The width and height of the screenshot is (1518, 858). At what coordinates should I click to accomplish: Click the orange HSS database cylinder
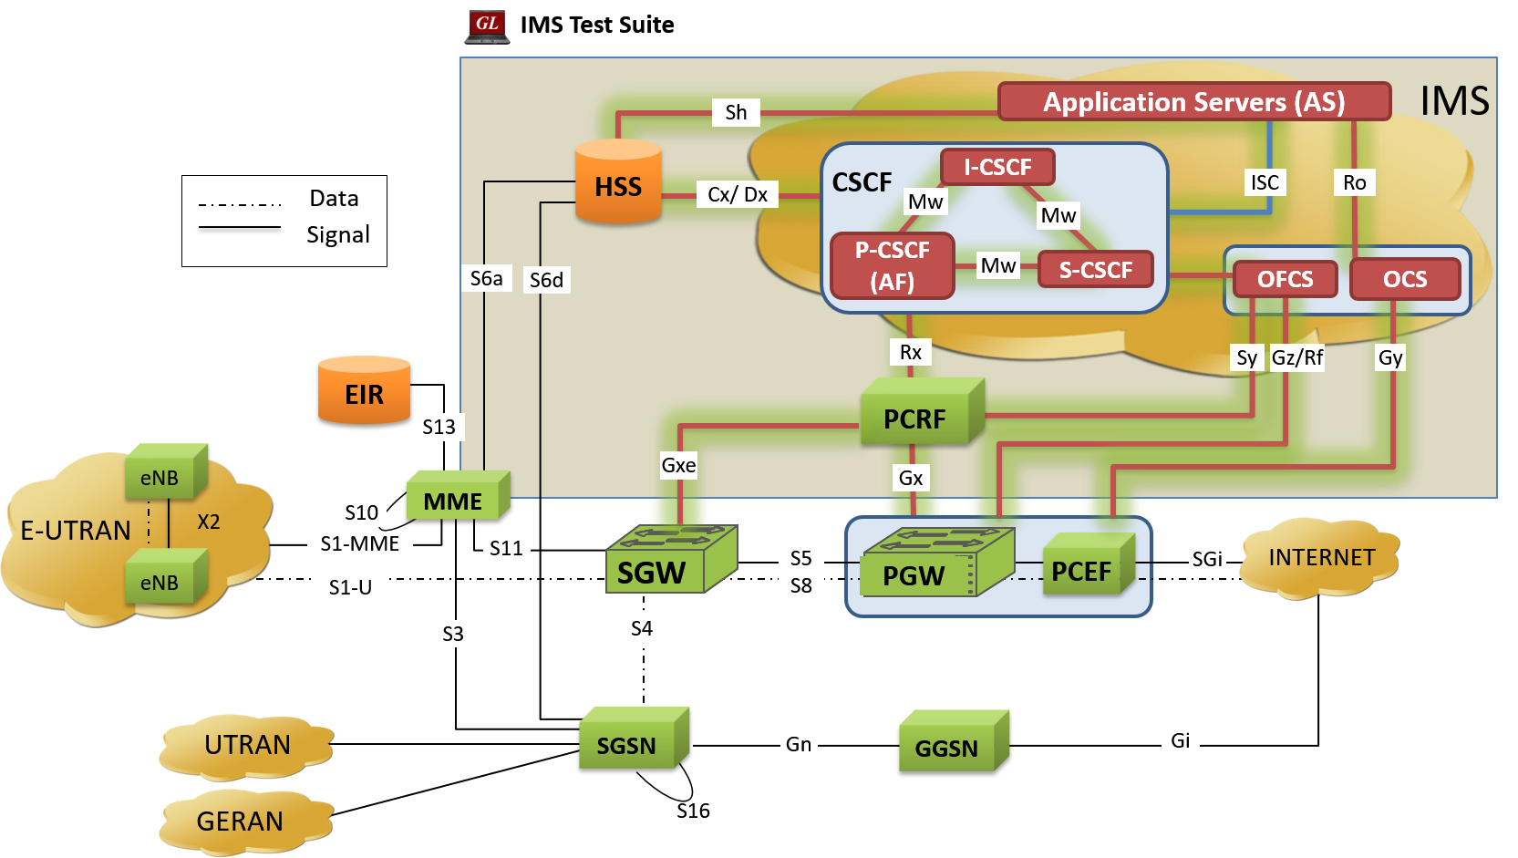[618, 182]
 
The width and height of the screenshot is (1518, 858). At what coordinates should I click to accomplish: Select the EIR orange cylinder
[364, 391]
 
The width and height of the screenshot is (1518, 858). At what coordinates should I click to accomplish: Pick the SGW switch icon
[670, 561]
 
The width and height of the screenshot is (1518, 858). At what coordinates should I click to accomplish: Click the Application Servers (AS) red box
[1193, 101]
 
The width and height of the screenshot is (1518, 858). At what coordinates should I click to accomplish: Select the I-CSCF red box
[997, 167]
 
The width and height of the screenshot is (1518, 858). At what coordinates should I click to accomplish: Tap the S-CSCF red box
[1095, 270]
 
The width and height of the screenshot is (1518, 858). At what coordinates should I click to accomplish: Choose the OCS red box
[1404, 279]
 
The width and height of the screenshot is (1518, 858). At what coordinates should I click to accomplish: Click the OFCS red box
[1285, 279]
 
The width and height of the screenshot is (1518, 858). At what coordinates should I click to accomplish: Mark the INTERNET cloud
[1320, 557]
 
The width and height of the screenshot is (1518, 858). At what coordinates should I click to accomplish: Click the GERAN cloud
[242, 822]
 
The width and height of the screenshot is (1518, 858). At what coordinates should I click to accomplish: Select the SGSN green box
[632, 740]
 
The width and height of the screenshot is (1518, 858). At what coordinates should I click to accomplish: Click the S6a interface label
[486, 278]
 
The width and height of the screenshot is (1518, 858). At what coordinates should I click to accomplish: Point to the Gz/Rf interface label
[1296, 357]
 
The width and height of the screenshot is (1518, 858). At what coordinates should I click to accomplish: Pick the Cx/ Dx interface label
[737, 194]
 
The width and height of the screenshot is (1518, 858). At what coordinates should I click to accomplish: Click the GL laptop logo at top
[487, 26]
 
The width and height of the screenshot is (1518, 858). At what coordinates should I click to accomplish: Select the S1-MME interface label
[359, 543]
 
